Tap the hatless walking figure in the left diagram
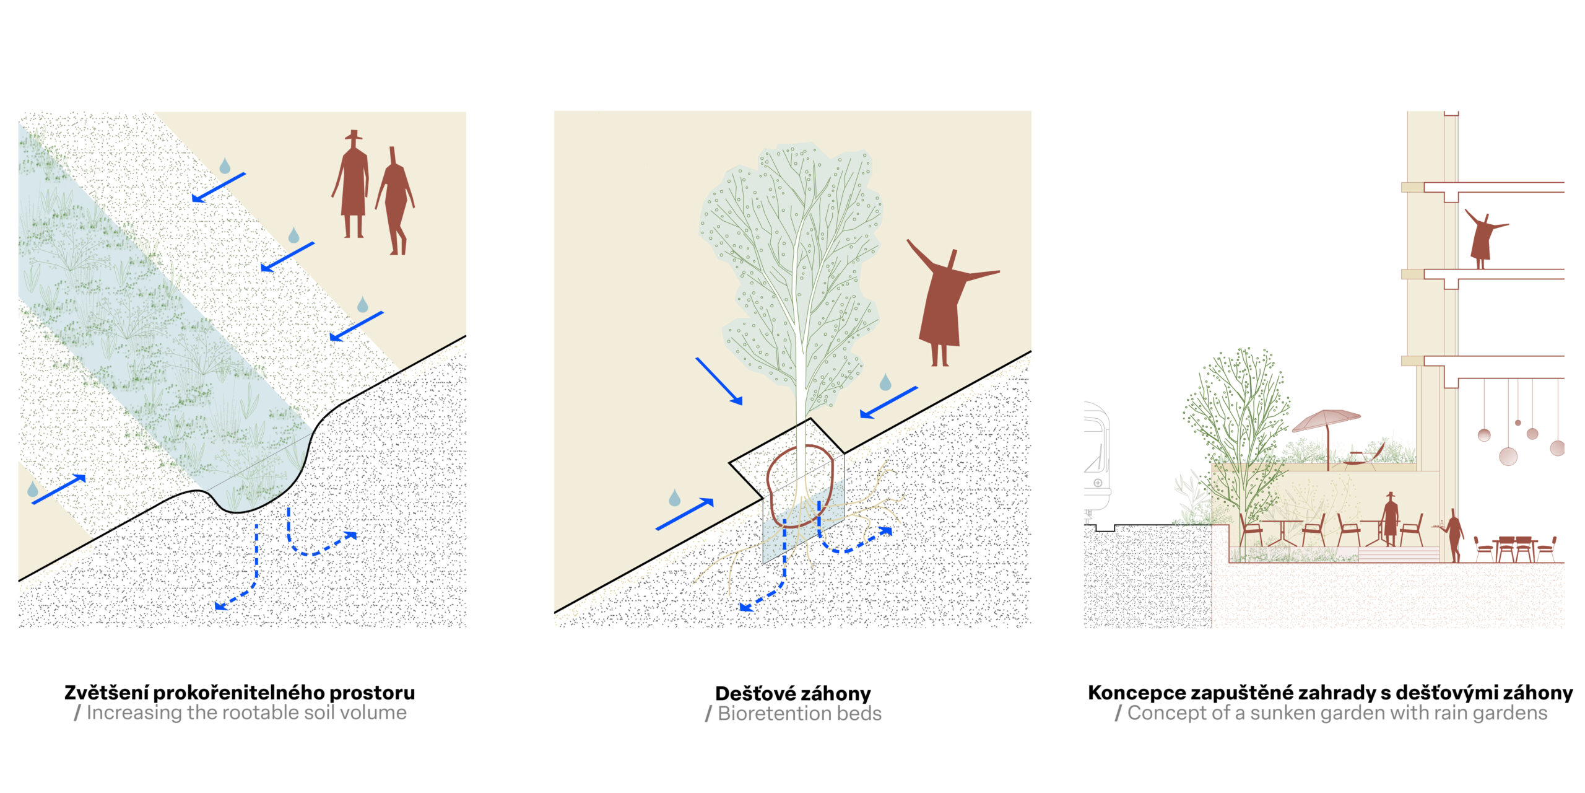[x=396, y=201]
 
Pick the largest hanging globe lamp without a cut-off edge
[x=1508, y=457]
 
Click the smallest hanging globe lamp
[x=1518, y=423]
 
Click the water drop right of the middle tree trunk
[x=885, y=382]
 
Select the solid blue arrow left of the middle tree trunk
[x=719, y=381]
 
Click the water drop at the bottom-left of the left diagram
[x=33, y=489]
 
